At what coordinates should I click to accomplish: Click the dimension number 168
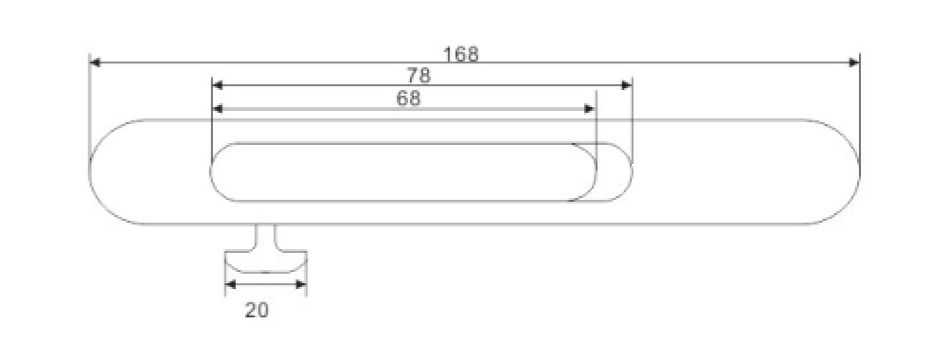(461, 54)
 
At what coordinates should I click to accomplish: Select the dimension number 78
(419, 76)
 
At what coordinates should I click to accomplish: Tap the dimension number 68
(408, 99)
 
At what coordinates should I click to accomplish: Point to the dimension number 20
(257, 310)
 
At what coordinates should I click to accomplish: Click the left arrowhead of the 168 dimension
(95, 63)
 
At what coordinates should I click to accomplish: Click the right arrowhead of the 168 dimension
(854, 63)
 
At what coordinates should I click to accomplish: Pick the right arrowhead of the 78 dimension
(626, 85)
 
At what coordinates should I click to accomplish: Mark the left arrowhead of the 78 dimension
(218, 85)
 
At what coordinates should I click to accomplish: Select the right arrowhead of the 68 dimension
(589, 109)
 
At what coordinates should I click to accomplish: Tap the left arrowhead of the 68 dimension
(218, 109)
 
